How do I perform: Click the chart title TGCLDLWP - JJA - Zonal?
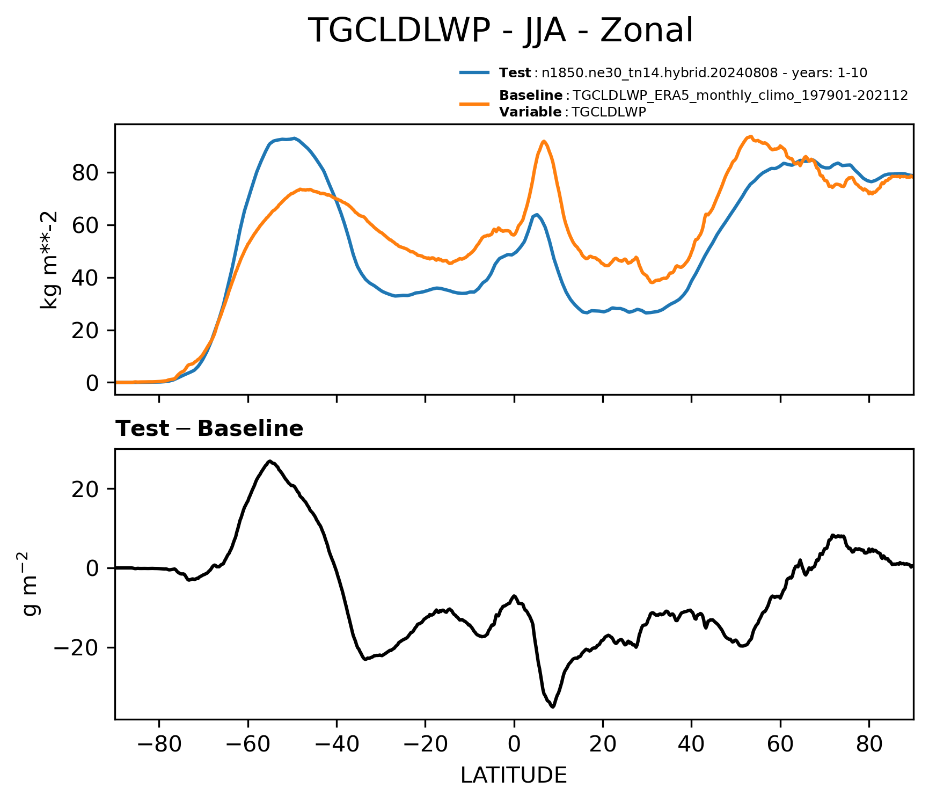click(500, 31)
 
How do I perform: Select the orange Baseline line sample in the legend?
click(474, 104)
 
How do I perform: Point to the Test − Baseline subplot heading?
click(209, 429)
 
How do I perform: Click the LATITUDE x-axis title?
click(514, 776)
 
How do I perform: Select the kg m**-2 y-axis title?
click(49, 260)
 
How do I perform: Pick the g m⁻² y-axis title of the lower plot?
click(31, 583)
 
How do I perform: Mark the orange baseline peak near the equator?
click(544, 141)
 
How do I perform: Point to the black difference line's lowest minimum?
click(553, 707)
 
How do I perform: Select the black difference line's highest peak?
click(270, 461)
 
